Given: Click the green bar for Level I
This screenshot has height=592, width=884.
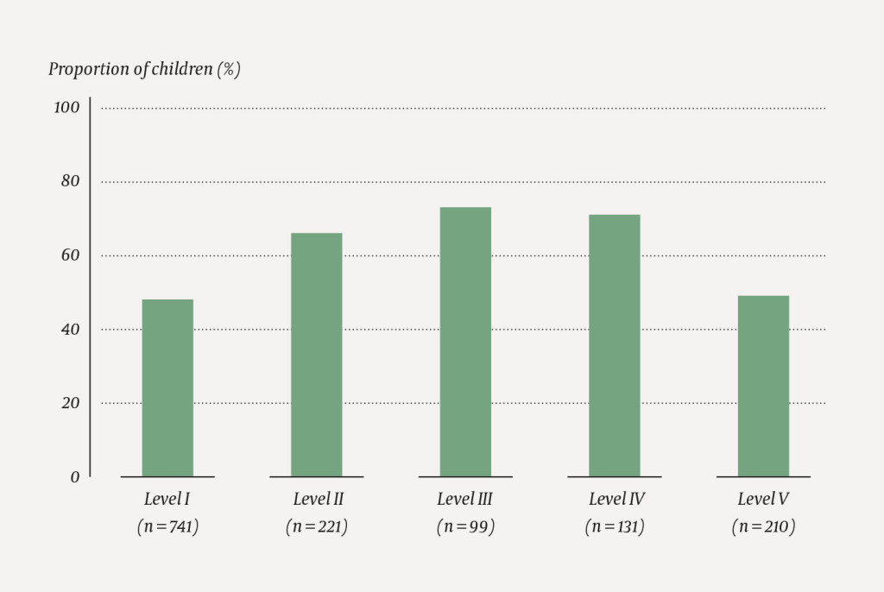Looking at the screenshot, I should (x=167, y=387).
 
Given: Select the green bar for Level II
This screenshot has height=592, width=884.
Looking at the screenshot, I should (x=316, y=355).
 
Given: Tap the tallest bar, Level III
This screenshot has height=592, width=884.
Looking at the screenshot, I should (x=465, y=342).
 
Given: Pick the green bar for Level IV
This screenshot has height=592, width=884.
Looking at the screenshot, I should (x=615, y=345).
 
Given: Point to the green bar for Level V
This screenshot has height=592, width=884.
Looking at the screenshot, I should (x=763, y=386).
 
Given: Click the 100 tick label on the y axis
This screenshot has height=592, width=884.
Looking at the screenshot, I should (x=66, y=108).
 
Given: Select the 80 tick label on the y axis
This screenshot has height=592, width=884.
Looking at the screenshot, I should (x=69, y=181).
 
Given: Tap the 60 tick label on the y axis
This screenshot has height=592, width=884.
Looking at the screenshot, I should (x=69, y=255).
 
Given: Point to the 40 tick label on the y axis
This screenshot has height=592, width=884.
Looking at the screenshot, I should (x=69, y=329).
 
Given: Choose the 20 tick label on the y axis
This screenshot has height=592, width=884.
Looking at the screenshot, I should (x=69, y=403).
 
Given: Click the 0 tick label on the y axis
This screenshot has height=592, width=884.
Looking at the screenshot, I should (x=74, y=476).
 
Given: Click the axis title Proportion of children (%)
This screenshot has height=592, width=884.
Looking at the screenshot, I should (x=144, y=70).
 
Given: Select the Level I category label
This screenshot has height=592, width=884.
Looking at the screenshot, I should (x=167, y=499).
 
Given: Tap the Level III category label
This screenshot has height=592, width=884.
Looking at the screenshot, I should (x=465, y=499).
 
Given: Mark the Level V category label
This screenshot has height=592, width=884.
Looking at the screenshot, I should (x=763, y=499).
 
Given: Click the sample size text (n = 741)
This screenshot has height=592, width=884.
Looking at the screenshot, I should (x=167, y=526).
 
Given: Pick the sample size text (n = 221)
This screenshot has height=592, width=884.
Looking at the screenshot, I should (x=316, y=526).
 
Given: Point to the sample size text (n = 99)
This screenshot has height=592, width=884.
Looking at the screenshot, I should (x=465, y=526).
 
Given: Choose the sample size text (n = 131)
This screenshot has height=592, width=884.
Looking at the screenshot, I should (x=615, y=526).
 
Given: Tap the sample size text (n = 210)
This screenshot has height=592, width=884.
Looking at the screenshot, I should (x=763, y=526).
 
